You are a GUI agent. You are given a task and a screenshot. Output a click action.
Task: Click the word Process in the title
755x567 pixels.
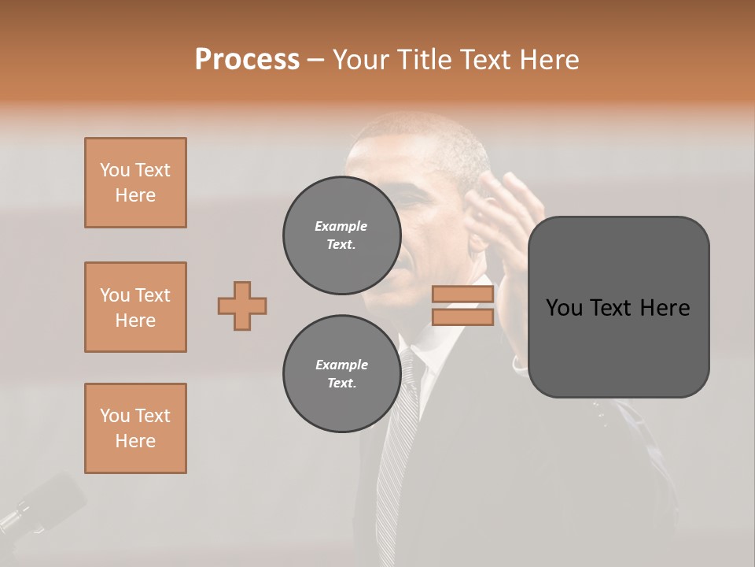click(x=247, y=60)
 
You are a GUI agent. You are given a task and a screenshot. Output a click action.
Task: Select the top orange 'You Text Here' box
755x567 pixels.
click(x=135, y=183)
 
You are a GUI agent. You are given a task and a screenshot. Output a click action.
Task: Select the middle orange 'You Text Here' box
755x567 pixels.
click(x=135, y=307)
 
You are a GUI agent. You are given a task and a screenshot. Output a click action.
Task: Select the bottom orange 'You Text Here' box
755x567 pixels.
click(x=135, y=428)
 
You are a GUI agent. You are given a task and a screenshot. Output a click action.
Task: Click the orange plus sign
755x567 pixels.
click(x=242, y=306)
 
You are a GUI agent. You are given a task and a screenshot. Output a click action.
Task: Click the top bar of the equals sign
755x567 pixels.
click(x=462, y=295)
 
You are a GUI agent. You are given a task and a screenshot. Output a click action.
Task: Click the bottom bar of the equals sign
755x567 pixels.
click(x=462, y=317)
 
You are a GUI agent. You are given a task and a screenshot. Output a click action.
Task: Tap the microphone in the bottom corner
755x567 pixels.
click(x=39, y=504)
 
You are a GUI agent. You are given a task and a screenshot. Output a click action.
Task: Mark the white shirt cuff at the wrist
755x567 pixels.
click(x=519, y=364)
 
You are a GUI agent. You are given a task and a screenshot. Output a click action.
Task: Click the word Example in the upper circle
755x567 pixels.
click(x=341, y=226)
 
